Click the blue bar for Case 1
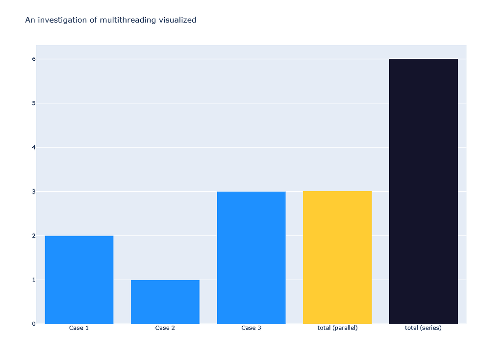tap(79, 280)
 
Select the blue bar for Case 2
tap(165, 302)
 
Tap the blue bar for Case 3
tap(251, 257)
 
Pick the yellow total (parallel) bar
tap(337, 257)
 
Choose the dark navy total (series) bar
tap(423, 191)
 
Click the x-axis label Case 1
tap(79, 328)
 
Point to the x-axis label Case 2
tap(165, 328)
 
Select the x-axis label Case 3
tap(251, 328)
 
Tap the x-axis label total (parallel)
tap(337, 328)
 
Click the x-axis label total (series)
tap(423, 328)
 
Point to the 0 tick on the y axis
tap(34, 324)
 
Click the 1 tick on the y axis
tap(34, 280)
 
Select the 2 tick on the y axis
tap(34, 235)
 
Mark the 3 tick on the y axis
tap(34, 191)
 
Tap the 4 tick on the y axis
tap(34, 147)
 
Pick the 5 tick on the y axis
tap(34, 103)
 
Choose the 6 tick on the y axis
tap(34, 59)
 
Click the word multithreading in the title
tap(117, 20)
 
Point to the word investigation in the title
tap(61, 20)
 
